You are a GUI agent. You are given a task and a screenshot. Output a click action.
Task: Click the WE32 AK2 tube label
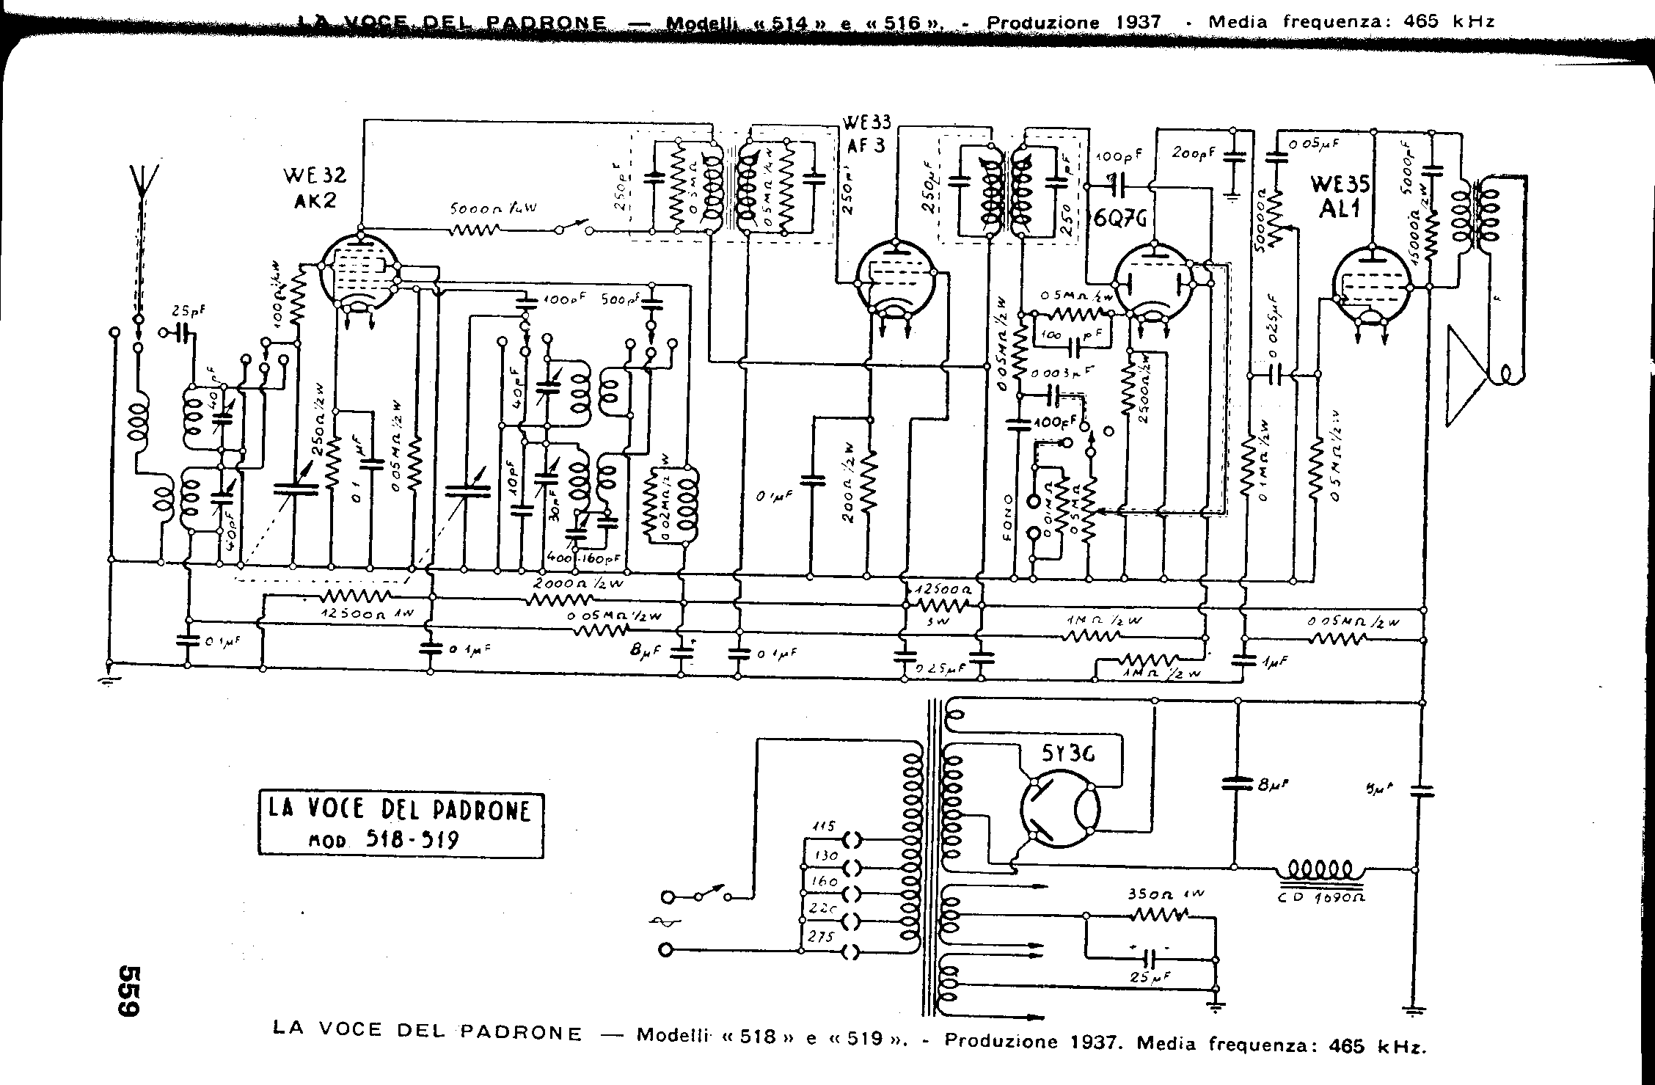click(314, 187)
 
